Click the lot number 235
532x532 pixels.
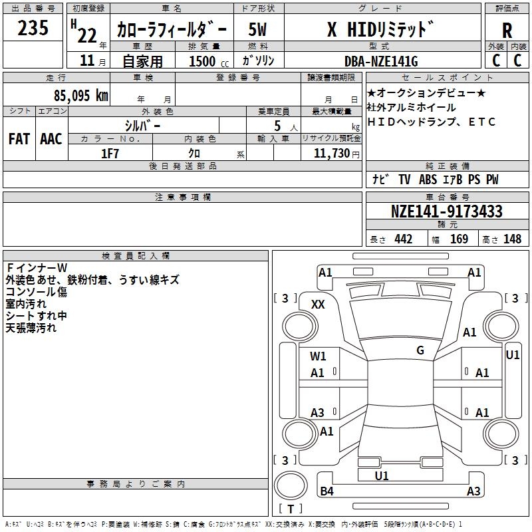[33, 29]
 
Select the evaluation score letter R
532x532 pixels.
[507, 30]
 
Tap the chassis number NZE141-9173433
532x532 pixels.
[446, 211]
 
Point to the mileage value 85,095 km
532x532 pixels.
[81, 95]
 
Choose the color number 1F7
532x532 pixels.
[110, 153]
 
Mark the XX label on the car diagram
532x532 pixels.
[319, 304]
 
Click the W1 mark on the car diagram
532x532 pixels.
[319, 356]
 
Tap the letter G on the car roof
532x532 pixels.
[420, 350]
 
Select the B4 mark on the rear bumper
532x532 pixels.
[327, 491]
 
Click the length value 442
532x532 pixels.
[403, 239]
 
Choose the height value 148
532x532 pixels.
[512, 239]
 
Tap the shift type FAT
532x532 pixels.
[19, 138]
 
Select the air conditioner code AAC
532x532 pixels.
[51, 138]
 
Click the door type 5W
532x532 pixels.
[259, 30]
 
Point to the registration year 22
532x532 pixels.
[86, 33]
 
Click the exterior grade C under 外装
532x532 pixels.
[496, 61]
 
